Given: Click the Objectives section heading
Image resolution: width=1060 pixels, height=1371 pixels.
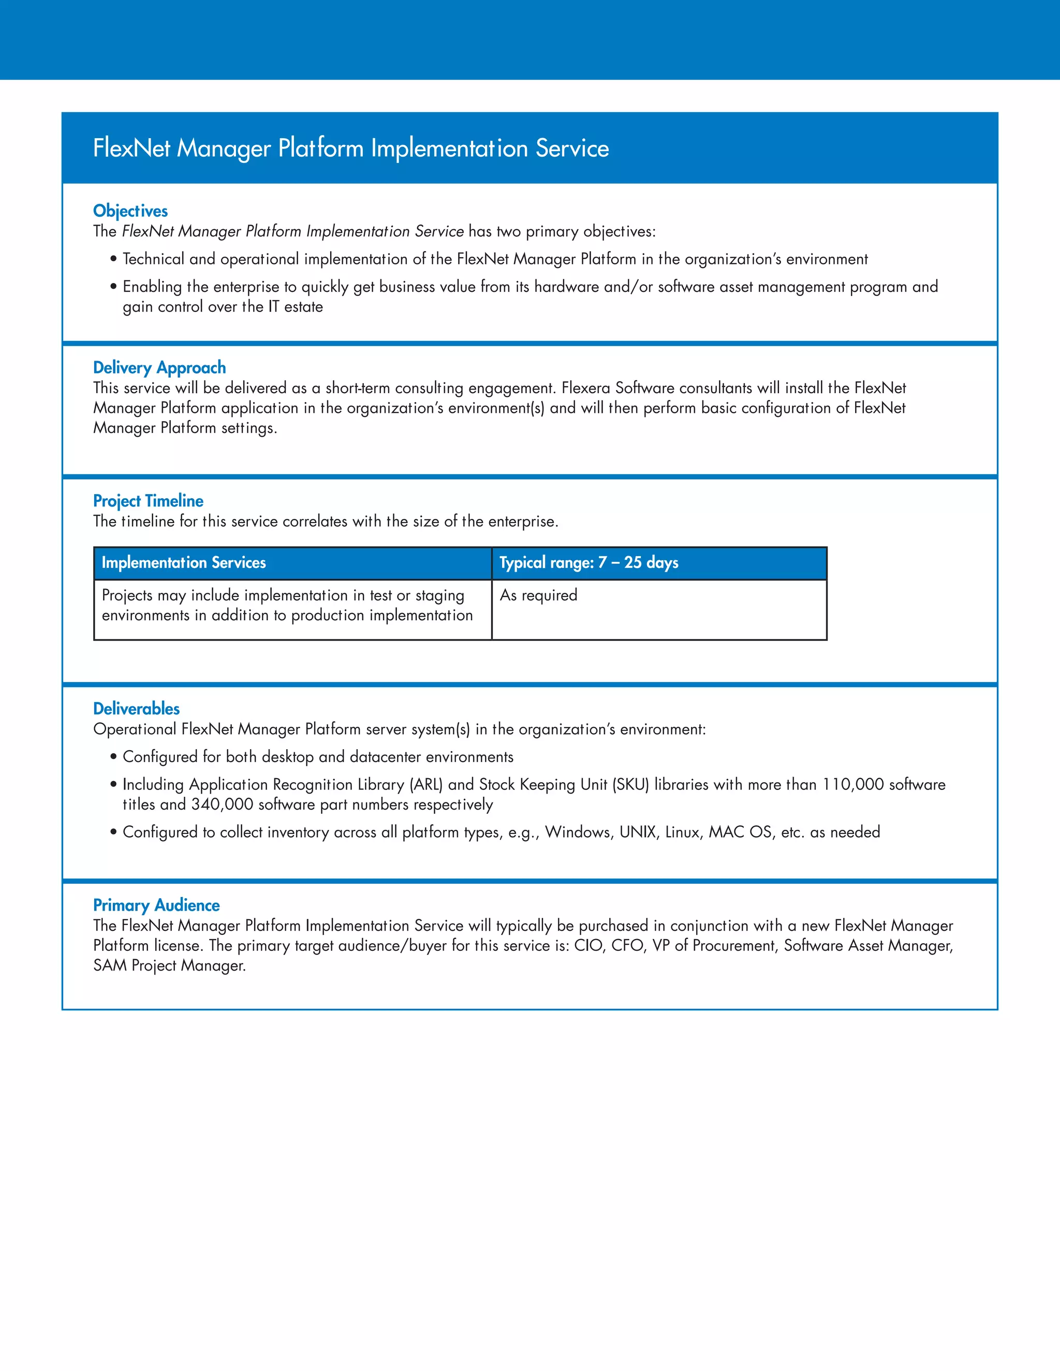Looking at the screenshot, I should (x=130, y=211).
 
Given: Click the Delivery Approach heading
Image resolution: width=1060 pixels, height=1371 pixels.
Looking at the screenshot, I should (x=159, y=367).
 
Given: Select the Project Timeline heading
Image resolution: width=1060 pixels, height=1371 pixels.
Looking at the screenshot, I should (x=148, y=501).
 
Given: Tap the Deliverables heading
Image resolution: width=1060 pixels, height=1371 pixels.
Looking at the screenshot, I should (x=136, y=709).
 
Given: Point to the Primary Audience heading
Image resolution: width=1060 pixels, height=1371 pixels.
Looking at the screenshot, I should (x=156, y=905).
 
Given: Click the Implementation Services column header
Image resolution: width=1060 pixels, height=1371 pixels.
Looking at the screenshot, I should (x=183, y=562).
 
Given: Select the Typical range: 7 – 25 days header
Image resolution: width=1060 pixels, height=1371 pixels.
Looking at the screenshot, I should (x=588, y=562).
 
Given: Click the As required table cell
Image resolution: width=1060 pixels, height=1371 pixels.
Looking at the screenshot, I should (x=538, y=595).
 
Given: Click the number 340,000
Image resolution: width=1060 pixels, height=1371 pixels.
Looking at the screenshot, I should (x=222, y=805).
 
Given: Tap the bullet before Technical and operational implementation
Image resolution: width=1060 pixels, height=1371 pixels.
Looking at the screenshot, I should (x=114, y=259).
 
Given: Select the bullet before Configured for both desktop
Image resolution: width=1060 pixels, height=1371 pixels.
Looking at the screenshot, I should (x=114, y=757).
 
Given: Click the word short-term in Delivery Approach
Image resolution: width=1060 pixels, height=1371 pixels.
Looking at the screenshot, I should (x=357, y=388).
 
